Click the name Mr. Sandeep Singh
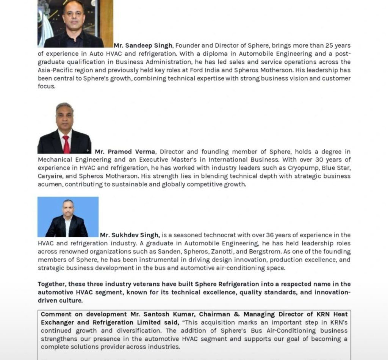click(143, 45)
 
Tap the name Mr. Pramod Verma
click(125, 152)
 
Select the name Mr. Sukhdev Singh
click(130, 235)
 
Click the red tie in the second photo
click(66, 144)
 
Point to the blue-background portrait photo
click(68, 217)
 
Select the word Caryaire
click(50, 177)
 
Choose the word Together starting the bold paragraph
click(52, 284)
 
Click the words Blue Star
click(335, 168)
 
